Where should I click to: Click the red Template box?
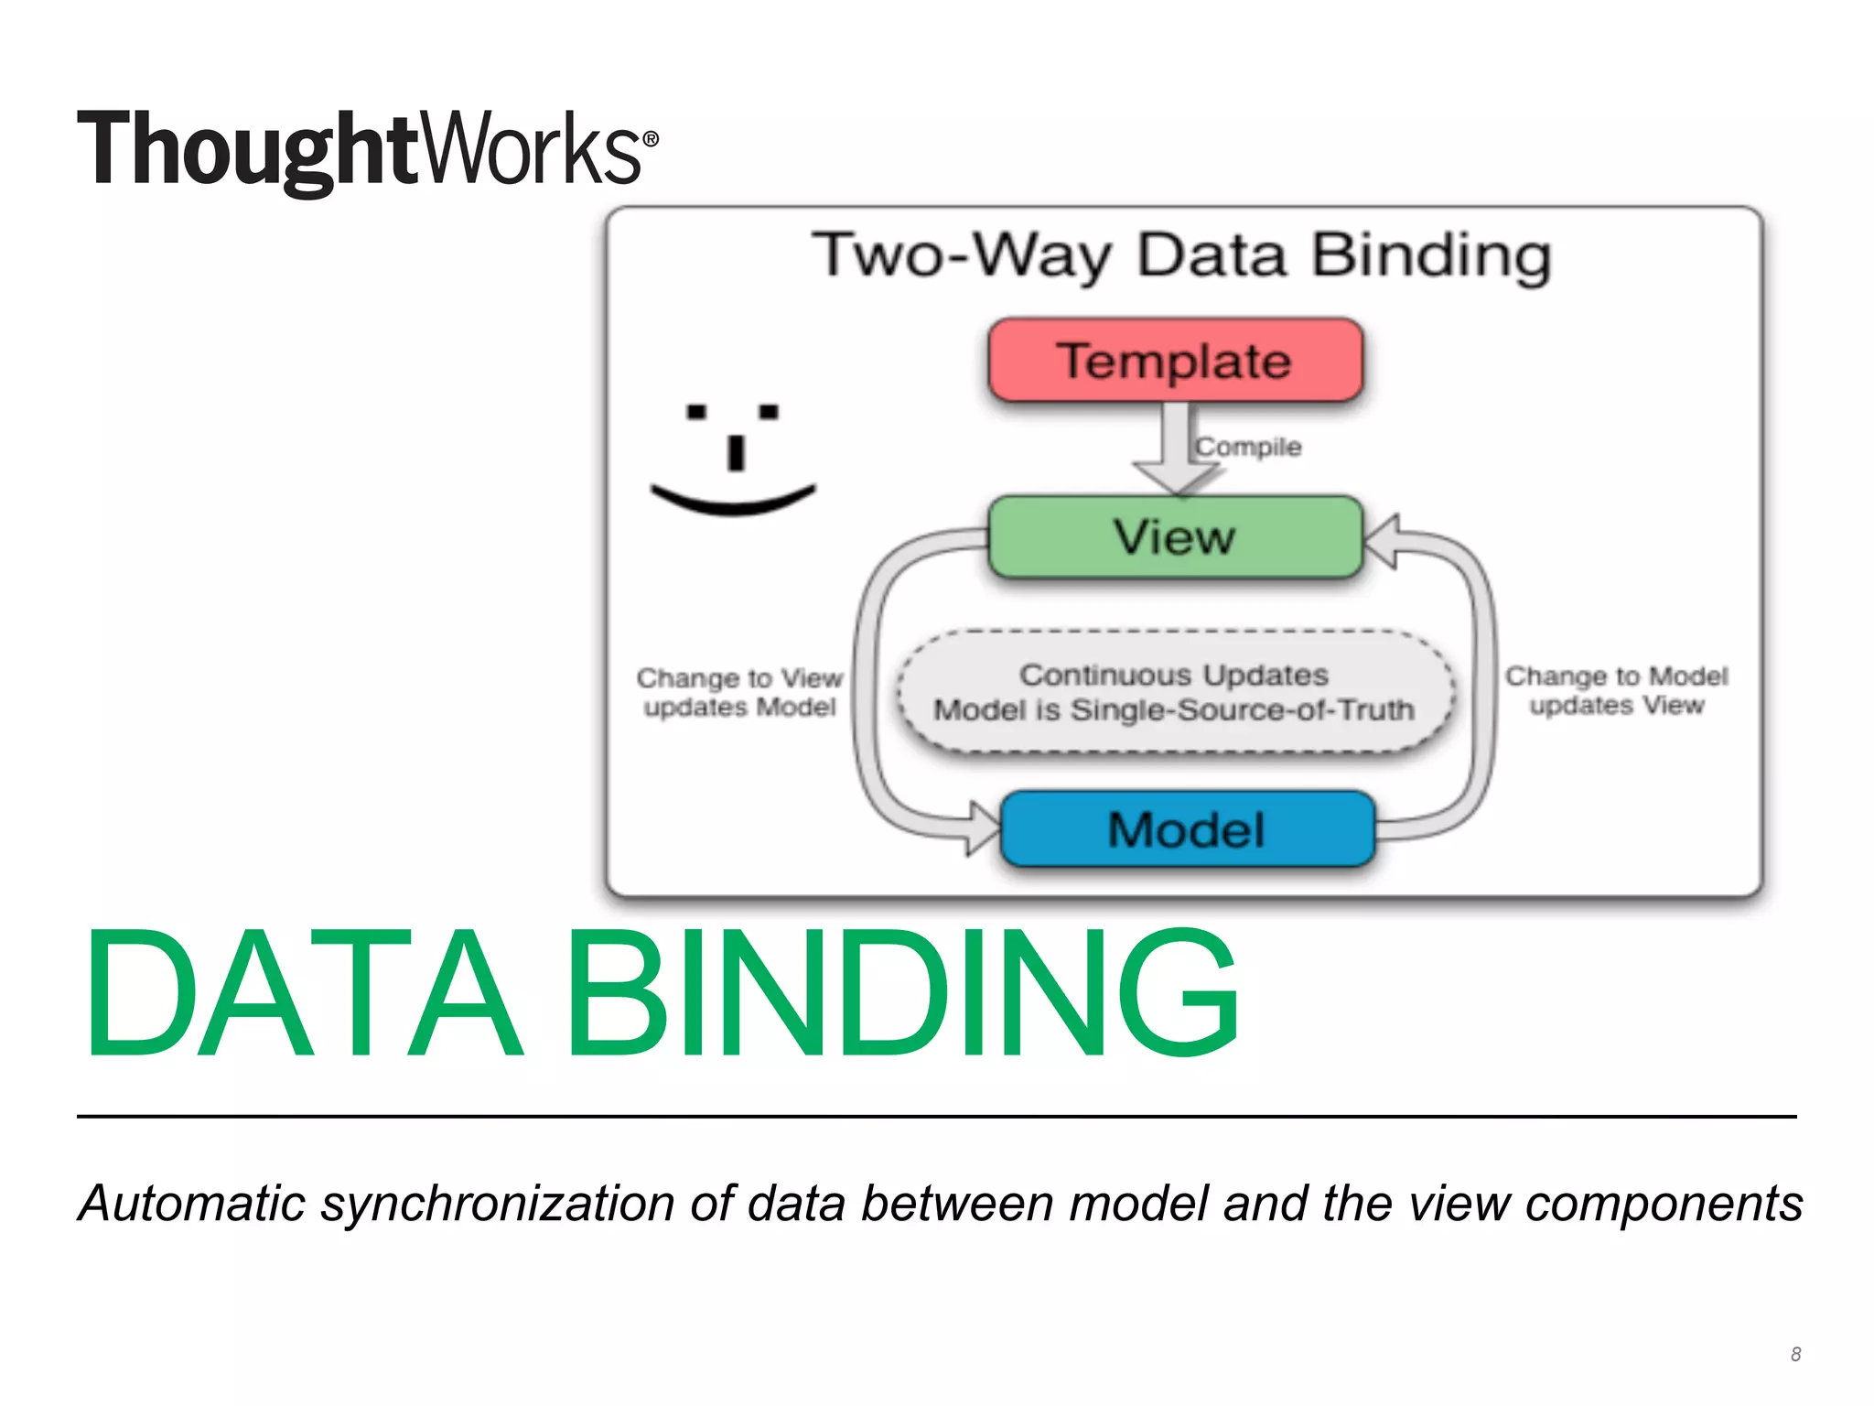pos(1175,360)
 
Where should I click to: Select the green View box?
pos(1175,537)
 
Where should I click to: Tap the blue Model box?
pos(1187,829)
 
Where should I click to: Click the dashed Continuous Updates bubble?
pos(1175,692)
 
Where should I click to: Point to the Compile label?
pos(1248,447)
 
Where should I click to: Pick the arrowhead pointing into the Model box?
pos(985,828)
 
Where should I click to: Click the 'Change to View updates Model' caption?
pos(739,692)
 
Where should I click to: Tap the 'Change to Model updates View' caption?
pos(1616,690)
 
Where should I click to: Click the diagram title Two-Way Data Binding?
pos(1181,255)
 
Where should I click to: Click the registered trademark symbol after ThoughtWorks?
pos(651,139)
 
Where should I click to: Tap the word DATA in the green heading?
pos(302,993)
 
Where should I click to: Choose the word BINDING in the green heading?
pos(902,993)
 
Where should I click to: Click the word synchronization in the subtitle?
pos(498,1204)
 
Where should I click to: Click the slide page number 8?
pos(1795,1354)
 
